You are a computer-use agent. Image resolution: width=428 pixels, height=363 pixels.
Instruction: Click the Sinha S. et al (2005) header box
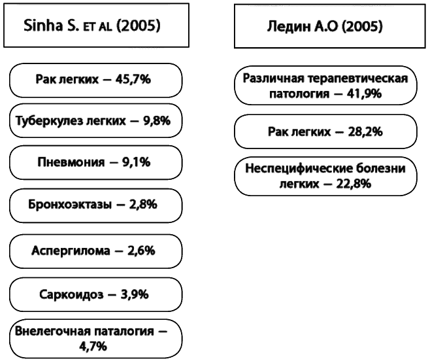tap(96, 25)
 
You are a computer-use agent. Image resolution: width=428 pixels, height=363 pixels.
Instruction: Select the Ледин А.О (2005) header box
tap(330, 26)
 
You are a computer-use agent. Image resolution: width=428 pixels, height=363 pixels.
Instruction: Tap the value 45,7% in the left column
tap(133, 80)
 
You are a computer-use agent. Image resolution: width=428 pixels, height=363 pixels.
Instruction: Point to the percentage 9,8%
tap(157, 121)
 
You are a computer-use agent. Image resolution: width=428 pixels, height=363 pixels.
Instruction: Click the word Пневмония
tap(71, 162)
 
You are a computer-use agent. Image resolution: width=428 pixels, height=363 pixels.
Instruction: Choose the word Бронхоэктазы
tap(70, 205)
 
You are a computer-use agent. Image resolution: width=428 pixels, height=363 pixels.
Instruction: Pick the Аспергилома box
tap(96, 251)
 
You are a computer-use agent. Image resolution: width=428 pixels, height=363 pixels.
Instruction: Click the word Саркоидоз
tap(71, 295)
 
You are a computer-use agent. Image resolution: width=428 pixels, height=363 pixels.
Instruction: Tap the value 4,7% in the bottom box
tap(93, 347)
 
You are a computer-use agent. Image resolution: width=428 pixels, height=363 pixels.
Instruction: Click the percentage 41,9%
tap(364, 94)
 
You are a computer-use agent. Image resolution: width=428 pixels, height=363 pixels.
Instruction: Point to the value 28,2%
tap(365, 132)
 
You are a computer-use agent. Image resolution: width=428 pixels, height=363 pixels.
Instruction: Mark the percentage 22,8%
tap(354, 184)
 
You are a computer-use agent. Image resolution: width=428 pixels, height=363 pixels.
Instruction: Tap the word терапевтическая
tap(358, 79)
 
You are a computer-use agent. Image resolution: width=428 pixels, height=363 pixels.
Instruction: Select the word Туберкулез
tap(49, 121)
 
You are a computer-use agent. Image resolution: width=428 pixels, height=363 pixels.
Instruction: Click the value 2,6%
tap(141, 251)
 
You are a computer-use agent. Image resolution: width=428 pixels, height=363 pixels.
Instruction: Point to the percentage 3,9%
tap(135, 295)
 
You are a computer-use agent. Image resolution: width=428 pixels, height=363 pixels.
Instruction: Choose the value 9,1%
tap(136, 162)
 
